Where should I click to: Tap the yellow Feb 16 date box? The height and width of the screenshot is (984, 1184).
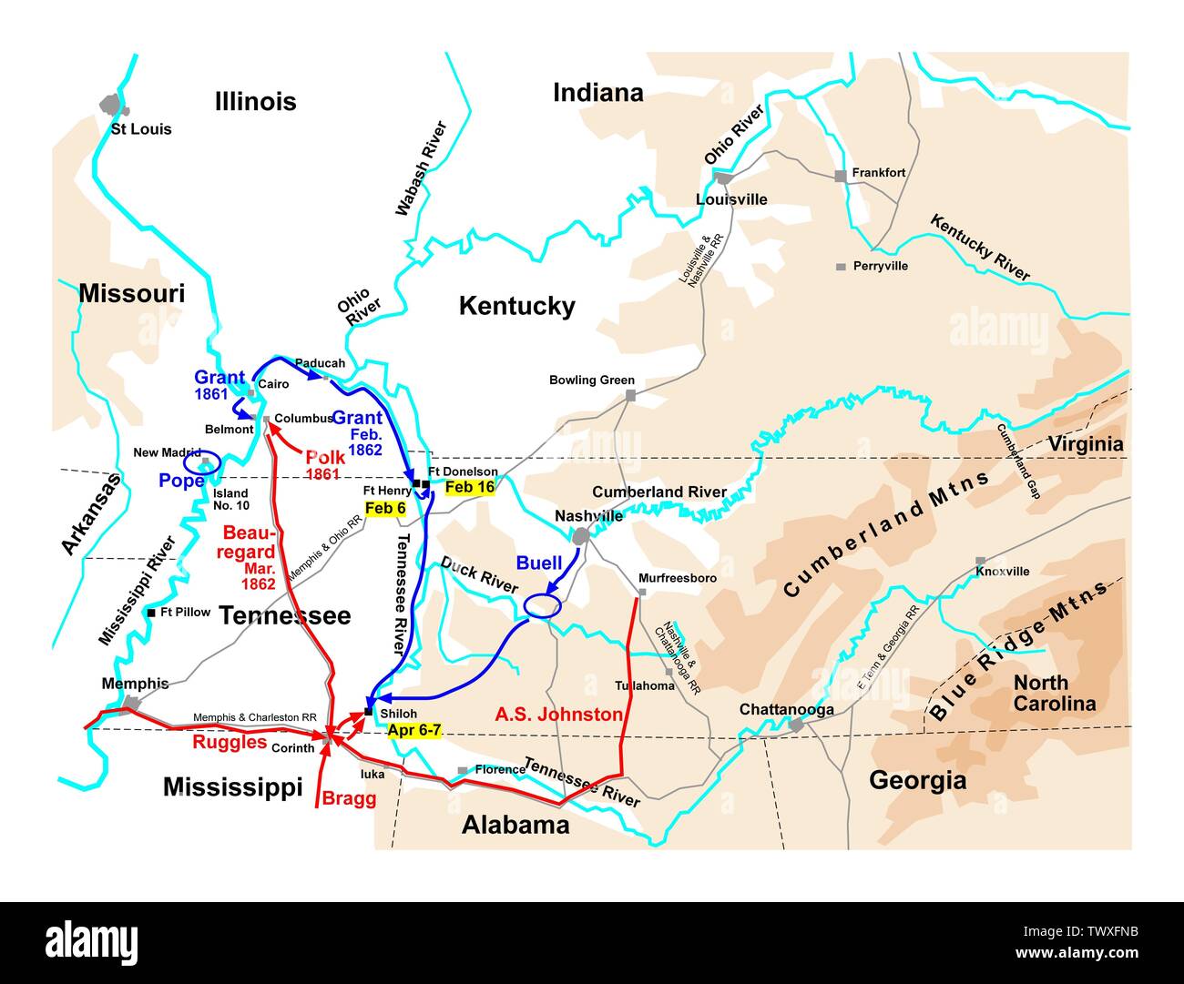tap(471, 487)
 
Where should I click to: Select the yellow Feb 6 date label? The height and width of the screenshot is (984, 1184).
tap(384, 508)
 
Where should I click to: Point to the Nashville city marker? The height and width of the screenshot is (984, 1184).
tap(581, 537)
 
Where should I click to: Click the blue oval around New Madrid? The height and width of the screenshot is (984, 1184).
tap(202, 462)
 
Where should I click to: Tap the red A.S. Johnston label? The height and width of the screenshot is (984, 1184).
tap(558, 715)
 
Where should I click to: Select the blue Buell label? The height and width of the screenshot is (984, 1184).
tap(539, 563)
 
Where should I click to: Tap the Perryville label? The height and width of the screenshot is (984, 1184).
tap(880, 267)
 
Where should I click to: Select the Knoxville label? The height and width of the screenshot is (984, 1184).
tap(1003, 572)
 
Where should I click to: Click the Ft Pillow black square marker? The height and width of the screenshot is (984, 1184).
tap(151, 613)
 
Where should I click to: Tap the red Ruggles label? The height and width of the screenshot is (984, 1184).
tap(228, 742)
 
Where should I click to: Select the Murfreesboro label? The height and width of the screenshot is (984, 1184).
tap(678, 579)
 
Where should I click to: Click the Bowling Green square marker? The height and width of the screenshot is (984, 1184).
tap(630, 396)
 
